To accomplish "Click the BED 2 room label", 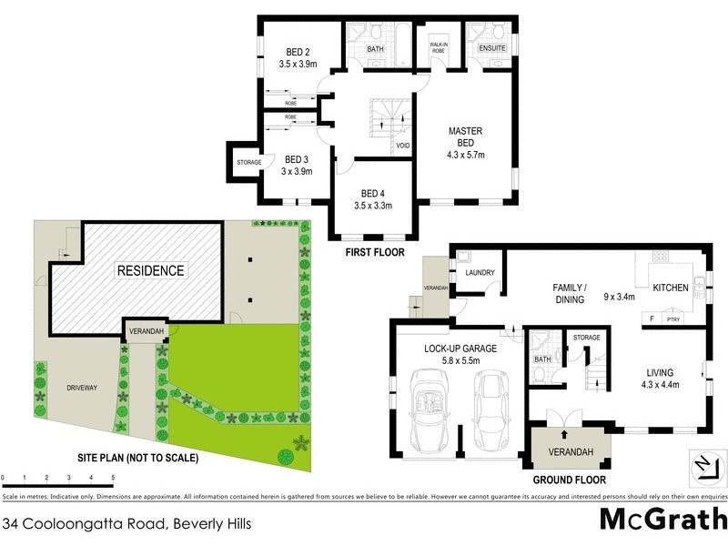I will [x=297, y=52].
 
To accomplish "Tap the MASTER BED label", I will [x=465, y=131].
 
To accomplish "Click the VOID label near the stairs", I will [x=402, y=146].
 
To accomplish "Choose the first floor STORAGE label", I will [x=249, y=162].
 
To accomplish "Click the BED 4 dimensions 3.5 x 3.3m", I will [x=373, y=206].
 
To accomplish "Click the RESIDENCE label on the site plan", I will [x=149, y=270].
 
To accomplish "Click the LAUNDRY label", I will [x=479, y=272].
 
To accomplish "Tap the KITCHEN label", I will [x=670, y=288].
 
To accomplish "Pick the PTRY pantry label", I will [x=674, y=319].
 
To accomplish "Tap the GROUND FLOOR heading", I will [x=569, y=480].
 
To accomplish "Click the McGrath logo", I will [x=662, y=518].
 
